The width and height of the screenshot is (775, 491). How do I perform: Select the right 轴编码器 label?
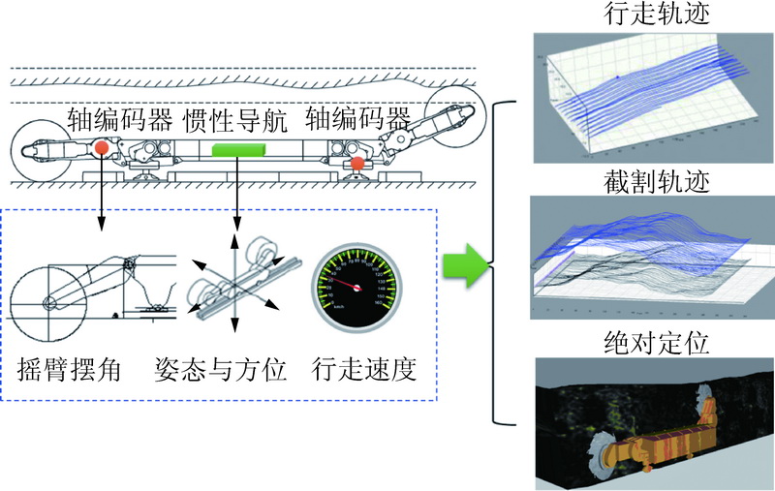357,121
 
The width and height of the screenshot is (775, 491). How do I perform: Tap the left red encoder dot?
101,148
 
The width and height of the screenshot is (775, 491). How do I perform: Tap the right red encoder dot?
357,164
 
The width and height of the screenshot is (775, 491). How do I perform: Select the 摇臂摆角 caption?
69,370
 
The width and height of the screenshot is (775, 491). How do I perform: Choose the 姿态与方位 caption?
221,370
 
